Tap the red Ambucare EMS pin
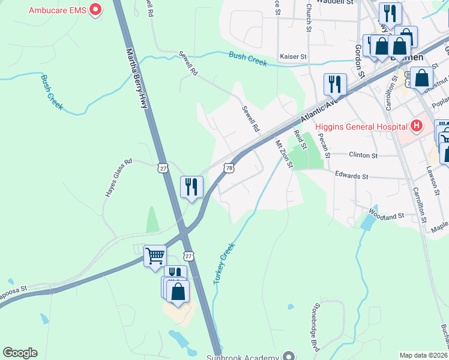pos(95,10)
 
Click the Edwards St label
pos(351,176)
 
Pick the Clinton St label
pos(363,155)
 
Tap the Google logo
pos(20,353)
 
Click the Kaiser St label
pos(294,56)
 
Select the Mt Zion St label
pos(283,154)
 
